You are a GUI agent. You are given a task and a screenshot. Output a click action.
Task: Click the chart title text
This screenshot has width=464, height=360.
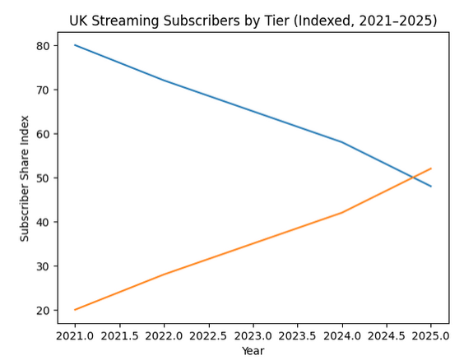click(x=253, y=20)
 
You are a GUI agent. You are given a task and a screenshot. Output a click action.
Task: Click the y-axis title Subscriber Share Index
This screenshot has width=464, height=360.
click(x=25, y=178)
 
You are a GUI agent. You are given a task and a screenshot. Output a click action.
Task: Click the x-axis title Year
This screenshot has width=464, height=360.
click(x=253, y=350)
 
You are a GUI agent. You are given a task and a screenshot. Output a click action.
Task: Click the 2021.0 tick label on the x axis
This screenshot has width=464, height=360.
click(x=75, y=335)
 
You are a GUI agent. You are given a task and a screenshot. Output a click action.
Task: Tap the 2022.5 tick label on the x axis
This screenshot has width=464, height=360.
click(x=208, y=335)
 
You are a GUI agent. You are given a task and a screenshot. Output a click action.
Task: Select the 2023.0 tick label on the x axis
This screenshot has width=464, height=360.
click(x=253, y=335)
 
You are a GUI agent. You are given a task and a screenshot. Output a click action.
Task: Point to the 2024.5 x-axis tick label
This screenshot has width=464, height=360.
click(x=387, y=335)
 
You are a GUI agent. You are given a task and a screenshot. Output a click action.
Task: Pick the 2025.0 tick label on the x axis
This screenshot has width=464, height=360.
click(x=431, y=335)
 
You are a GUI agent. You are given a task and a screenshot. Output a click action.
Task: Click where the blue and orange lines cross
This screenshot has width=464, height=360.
click(x=412, y=178)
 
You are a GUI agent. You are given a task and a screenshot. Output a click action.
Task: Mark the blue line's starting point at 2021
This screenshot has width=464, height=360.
click(x=75, y=45)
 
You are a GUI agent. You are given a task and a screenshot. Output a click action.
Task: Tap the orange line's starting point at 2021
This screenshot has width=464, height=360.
click(x=75, y=310)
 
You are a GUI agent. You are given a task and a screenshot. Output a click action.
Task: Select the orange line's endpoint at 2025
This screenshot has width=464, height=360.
click(x=431, y=168)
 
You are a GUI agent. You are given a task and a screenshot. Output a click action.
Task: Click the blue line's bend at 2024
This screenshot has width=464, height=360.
click(x=342, y=142)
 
